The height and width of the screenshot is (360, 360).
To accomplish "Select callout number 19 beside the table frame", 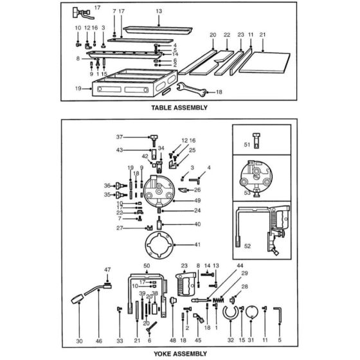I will pyautogui.click(x=78, y=87).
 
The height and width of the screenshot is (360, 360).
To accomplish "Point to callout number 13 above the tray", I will pyautogui.click(x=159, y=12).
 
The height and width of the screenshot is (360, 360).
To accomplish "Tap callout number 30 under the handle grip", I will pyautogui.click(x=79, y=341).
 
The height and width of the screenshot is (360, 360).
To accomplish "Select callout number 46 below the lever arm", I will pyautogui.click(x=99, y=341).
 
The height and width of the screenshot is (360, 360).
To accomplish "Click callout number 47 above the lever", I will pyautogui.click(x=107, y=269).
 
